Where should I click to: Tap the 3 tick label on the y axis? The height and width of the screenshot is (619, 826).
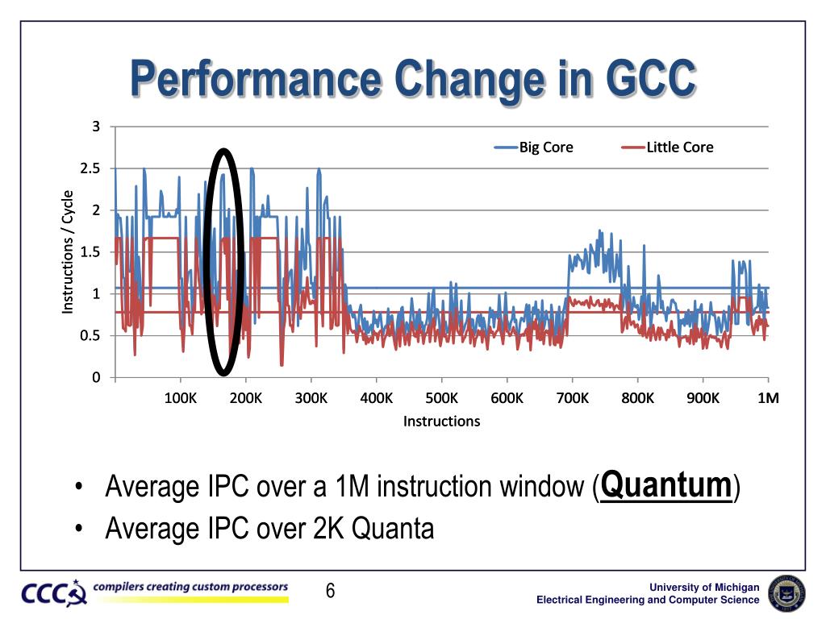[x=96, y=127]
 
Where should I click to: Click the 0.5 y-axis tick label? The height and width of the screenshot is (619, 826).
[x=90, y=336]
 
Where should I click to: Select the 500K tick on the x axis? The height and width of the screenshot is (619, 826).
[x=442, y=398]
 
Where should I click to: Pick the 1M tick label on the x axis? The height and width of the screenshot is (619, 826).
[x=768, y=398]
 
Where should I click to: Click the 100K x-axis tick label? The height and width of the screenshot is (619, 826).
[x=180, y=398]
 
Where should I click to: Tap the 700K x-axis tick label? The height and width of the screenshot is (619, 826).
[x=573, y=398]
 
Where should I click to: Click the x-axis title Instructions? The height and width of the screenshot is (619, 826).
[x=441, y=422]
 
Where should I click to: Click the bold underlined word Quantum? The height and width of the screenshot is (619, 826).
[x=667, y=485]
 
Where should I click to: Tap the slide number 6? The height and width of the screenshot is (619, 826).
[x=330, y=592]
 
